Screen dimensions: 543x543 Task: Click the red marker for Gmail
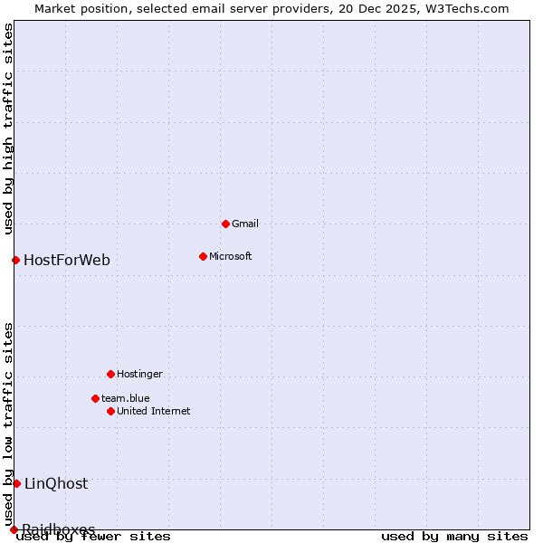(225, 224)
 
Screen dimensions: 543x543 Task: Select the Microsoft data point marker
(203, 256)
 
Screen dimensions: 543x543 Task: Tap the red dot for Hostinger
(110, 374)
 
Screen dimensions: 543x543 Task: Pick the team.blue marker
(95, 398)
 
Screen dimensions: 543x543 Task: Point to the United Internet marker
(110, 411)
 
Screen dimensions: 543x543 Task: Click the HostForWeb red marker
(15, 261)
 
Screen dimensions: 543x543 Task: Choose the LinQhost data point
(16, 483)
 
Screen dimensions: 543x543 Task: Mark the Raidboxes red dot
(14, 529)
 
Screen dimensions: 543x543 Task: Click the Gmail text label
(245, 224)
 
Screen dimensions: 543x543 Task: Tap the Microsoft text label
(231, 256)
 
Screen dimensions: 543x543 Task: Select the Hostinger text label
(140, 374)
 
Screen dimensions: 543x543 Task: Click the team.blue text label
(126, 398)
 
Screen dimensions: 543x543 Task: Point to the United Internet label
(154, 411)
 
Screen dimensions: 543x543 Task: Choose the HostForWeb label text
(67, 261)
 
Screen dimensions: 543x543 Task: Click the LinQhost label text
(56, 483)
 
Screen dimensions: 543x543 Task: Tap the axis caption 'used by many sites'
(454, 537)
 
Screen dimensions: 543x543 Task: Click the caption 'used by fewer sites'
(94, 537)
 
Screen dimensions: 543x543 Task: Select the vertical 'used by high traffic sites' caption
(8, 129)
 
